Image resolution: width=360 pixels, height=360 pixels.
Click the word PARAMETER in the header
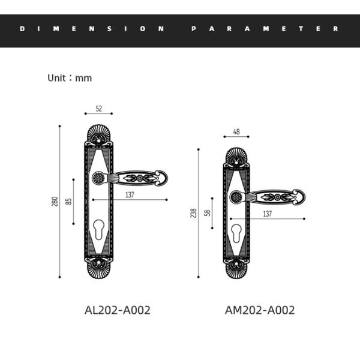(265, 28)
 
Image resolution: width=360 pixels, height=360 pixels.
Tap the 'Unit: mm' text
(70, 78)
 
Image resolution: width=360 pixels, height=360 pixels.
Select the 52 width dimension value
(99, 109)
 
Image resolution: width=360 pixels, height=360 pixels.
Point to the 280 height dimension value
(55, 202)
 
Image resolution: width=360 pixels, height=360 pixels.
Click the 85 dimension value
(68, 202)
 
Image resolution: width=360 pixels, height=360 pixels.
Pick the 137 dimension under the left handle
(130, 195)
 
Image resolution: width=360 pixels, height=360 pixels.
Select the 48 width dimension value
(236, 131)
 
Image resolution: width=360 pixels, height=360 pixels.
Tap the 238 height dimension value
(194, 213)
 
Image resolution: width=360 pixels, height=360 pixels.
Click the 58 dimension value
(208, 213)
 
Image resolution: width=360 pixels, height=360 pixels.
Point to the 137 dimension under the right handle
(268, 214)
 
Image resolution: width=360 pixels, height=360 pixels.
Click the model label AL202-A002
(118, 310)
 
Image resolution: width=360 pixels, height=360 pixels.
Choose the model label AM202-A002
(260, 310)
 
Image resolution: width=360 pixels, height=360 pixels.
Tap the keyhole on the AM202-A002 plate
(236, 234)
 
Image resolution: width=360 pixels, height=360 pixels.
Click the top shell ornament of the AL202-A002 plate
(99, 134)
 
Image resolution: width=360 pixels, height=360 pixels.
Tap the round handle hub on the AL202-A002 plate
(99, 178)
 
